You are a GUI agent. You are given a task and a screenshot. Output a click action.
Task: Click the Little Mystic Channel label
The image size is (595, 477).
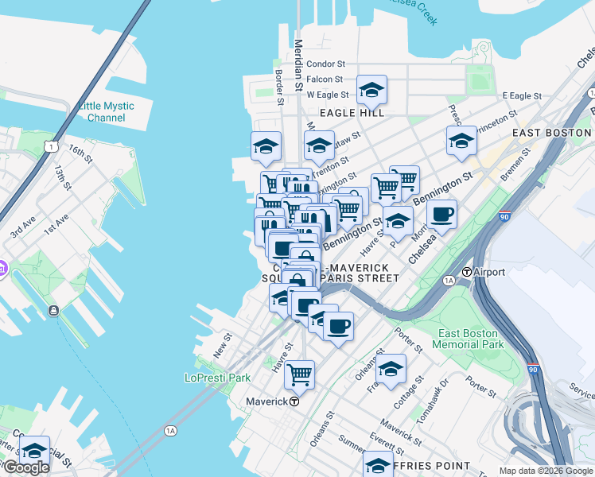click(106, 111)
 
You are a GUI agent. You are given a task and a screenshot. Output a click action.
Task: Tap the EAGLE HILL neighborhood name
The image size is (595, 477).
click(352, 113)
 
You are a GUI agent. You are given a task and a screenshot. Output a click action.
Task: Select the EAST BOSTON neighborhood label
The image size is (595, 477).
click(551, 132)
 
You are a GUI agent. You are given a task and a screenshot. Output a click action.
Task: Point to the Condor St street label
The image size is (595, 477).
click(325, 64)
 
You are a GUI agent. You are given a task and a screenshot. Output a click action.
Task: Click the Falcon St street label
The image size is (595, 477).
click(325, 79)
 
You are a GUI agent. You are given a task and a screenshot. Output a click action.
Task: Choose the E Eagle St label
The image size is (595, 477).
click(522, 95)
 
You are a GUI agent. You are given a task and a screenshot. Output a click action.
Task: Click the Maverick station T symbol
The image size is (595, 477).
click(294, 401)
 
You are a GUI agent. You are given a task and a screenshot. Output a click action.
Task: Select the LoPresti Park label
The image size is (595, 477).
click(217, 378)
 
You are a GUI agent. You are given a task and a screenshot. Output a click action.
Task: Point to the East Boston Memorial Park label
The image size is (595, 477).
click(469, 339)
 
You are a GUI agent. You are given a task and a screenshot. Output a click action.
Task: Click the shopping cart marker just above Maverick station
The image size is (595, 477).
click(299, 374)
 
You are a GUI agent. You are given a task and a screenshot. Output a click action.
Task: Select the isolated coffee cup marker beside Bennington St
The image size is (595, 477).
click(441, 213)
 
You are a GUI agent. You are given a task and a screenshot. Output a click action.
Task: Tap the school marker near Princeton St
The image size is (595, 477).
click(461, 141)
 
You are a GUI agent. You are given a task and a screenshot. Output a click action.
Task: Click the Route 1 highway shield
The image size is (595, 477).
click(51, 146)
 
